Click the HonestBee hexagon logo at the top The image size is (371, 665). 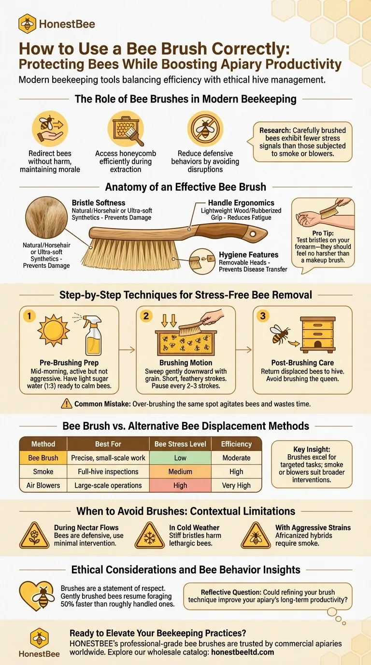(28, 24)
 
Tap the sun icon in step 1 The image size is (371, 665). (54, 330)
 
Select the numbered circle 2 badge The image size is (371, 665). (146, 316)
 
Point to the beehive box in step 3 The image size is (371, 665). (318, 334)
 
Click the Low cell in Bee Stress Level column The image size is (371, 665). (180, 458)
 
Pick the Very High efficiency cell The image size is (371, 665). (236, 485)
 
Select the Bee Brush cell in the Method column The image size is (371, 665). (43, 458)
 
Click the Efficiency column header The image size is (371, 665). (236, 444)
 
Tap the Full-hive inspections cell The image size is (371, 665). (108, 471)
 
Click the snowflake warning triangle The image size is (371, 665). (149, 536)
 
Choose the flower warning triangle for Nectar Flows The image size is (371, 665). (34, 536)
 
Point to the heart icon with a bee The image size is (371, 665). (37, 595)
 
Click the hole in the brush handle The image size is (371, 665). (253, 234)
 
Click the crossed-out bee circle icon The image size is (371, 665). (205, 129)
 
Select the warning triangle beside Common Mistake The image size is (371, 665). (67, 404)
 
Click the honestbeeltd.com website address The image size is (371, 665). (243, 652)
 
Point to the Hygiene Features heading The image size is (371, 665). (248, 255)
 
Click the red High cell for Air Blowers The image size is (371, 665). (180, 485)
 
